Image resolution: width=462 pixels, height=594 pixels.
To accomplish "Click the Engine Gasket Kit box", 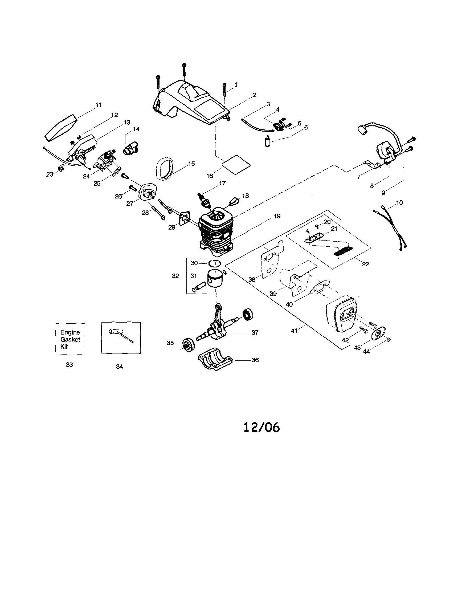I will [70, 339].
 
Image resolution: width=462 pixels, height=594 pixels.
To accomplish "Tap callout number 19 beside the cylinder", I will [277, 216].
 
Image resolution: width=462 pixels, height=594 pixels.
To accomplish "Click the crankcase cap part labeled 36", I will [215, 359].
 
